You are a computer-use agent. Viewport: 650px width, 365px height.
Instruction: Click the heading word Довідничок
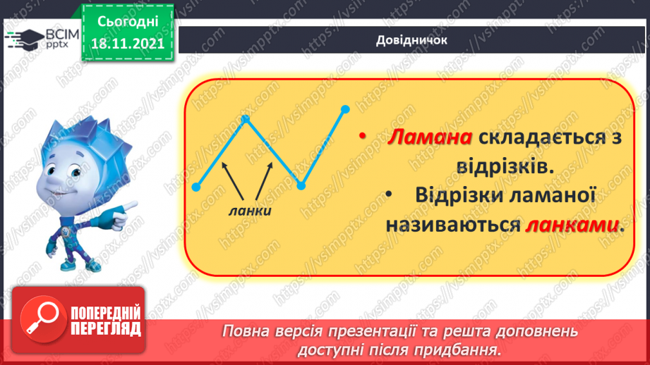411,40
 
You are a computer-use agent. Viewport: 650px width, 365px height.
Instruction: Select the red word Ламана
429,138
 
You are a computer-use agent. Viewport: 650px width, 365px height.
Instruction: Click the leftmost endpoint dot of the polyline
196,187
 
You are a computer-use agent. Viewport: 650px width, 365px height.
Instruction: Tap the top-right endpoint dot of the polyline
345,109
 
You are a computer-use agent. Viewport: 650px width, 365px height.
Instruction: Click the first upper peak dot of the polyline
246,118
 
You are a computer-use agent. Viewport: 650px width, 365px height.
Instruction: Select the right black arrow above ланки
262,180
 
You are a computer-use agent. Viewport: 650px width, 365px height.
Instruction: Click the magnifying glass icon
40,318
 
